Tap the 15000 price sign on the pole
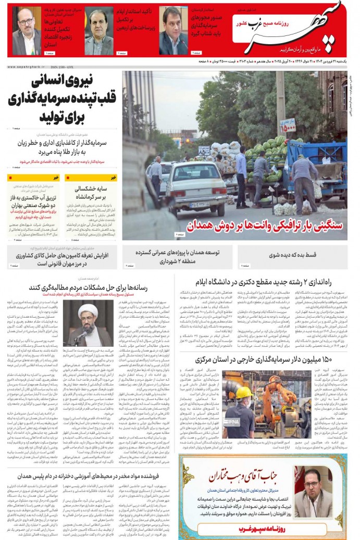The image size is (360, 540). pos(287,125)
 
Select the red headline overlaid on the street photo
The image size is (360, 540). pos(266,225)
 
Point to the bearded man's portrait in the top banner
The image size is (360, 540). pos(26,31)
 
